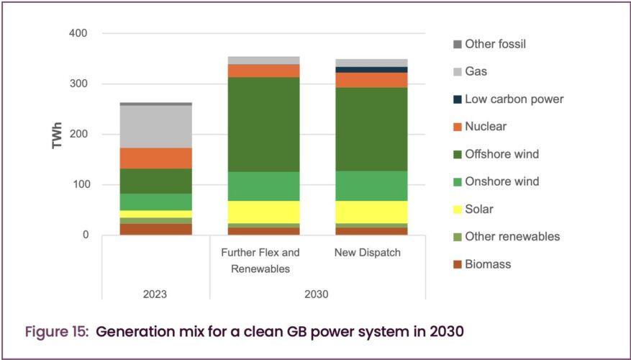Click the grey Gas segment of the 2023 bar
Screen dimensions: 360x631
(x=155, y=127)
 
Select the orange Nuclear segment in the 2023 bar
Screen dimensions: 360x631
(x=155, y=158)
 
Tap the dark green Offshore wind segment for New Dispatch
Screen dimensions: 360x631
(x=372, y=129)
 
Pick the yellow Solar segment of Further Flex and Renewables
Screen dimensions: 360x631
(x=263, y=212)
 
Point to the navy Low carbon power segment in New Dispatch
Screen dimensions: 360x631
(x=372, y=70)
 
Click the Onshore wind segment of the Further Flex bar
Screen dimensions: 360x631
(x=263, y=186)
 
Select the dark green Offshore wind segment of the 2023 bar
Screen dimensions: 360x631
(x=155, y=181)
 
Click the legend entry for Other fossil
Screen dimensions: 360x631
(x=496, y=44)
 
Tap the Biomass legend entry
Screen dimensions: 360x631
(x=488, y=264)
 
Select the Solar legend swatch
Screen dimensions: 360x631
(x=455, y=210)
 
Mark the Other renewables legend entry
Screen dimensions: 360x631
(x=512, y=237)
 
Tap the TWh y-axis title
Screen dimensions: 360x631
(x=58, y=135)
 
